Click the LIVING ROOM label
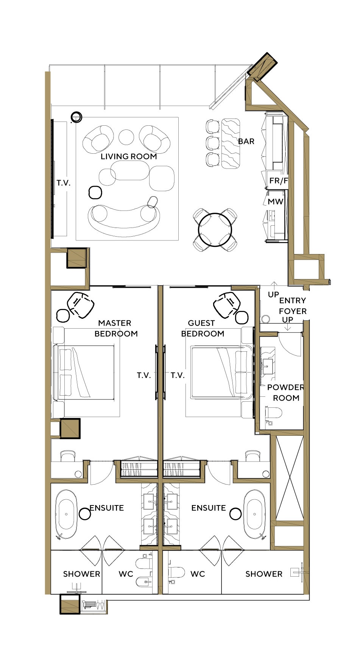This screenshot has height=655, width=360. click(129, 156)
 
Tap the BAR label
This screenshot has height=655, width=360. click(246, 142)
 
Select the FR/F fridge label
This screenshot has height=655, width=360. click(279, 181)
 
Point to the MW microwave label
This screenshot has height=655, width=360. click(276, 202)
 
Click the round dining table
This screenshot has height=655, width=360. click(215, 230)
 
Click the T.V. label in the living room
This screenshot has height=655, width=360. click(64, 183)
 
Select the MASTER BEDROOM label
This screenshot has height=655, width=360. click(116, 328)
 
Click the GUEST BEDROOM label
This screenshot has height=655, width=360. click(203, 328)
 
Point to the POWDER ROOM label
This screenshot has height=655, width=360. click(286, 393)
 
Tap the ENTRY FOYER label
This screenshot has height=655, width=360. click(293, 306)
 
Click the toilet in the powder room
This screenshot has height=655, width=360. click(273, 412)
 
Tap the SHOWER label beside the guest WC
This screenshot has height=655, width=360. click(264, 574)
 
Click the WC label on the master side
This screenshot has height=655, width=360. click(126, 574)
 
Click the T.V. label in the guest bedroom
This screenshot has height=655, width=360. click(178, 375)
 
